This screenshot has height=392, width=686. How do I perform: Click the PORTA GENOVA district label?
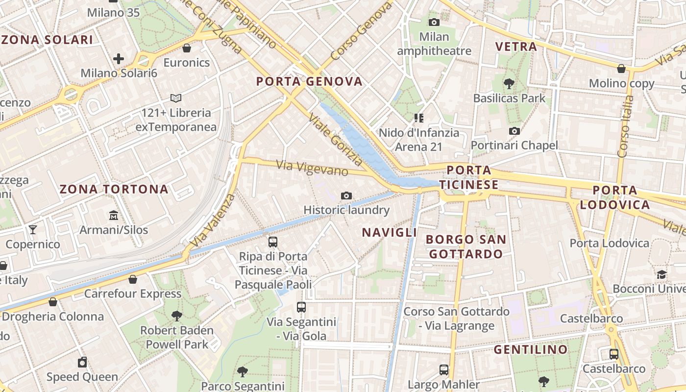point(309,81)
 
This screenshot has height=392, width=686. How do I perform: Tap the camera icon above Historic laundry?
point(346,196)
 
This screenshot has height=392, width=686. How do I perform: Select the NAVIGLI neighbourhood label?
point(389,232)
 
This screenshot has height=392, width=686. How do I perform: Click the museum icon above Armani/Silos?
point(114,215)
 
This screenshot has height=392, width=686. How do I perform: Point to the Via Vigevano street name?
point(312,168)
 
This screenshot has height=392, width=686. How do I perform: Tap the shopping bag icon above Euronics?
point(186,48)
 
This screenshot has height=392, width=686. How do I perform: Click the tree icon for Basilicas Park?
point(509,83)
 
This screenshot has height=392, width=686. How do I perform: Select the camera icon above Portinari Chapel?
point(514,131)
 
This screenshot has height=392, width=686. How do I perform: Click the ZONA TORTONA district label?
point(114,189)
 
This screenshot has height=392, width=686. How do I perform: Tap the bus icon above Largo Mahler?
point(443,370)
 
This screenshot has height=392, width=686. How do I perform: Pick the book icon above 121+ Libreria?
point(175,98)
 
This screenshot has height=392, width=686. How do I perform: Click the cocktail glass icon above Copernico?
point(33,229)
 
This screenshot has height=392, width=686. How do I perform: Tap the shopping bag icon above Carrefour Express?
point(132,279)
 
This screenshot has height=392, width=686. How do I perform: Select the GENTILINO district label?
point(530,349)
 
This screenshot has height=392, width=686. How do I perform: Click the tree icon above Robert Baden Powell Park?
point(177,316)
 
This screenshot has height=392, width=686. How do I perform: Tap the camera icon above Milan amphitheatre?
point(434,22)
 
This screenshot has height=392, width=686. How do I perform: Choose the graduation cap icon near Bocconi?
point(661,274)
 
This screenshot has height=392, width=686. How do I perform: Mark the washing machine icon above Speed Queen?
point(82,362)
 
